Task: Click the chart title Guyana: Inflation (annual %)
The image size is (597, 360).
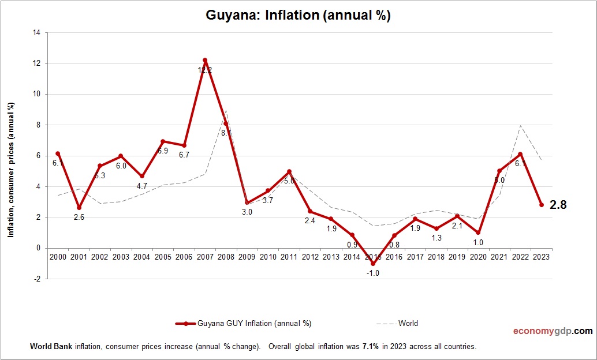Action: pyautogui.click(x=298, y=16)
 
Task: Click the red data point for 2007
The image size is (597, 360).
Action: pyautogui.click(x=205, y=60)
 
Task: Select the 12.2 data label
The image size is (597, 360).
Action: pyautogui.click(x=205, y=70)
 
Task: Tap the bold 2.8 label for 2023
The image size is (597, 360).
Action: pyautogui.click(x=558, y=204)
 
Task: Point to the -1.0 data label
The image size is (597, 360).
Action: pyautogui.click(x=374, y=273)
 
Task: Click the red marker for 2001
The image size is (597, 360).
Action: pyautogui.click(x=79, y=208)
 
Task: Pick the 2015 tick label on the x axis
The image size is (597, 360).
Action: pyautogui.click(x=374, y=256)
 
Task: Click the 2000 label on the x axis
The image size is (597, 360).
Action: pyautogui.click(x=58, y=256)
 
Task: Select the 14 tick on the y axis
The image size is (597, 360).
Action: pyautogui.click(x=36, y=33)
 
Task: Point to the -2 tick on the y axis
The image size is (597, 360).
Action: pyautogui.click(x=36, y=279)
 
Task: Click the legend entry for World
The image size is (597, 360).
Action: pyautogui.click(x=408, y=324)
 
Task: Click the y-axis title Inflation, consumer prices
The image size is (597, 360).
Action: pyautogui.click(x=11, y=170)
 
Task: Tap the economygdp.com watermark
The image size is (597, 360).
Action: pyautogui.click(x=553, y=331)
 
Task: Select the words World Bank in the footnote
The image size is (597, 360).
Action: pyautogui.click(x=50, y=347)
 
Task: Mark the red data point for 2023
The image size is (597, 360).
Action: pyautogui.click(x=542, y=205)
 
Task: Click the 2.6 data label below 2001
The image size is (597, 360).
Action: pyautogui.click(x=79, y=217)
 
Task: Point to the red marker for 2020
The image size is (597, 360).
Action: pyautogui.click(x=478, y=232)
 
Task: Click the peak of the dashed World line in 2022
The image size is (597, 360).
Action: pyautogui.click(x=520, y=125)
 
